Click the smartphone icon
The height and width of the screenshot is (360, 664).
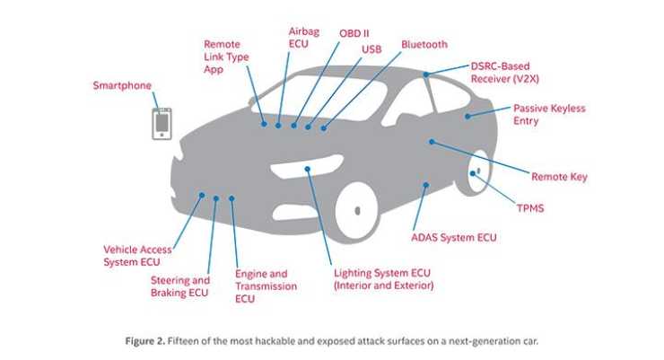coord(162,123)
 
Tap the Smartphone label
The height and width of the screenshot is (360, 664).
coord(122,86)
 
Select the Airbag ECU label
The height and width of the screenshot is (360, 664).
coord(303,37)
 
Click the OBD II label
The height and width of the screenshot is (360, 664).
coord(354,34)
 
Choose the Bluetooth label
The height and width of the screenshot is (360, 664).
coord(424,44)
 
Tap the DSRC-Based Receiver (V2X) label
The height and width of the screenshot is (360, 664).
coord(508,73)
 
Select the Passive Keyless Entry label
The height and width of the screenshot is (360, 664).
coord(548,114)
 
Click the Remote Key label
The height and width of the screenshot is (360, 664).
coord(559,177)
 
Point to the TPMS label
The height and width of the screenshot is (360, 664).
coord(529,208)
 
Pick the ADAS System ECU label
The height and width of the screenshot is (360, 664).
coord(453,238)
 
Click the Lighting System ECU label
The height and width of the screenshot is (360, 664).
coord(383,278)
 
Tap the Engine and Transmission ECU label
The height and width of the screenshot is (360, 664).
coord(265,285)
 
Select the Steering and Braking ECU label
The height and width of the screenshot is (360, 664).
coord(179,286)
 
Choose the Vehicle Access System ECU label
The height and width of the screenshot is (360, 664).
coord(137,256)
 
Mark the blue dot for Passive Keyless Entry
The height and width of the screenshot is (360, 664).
coord(467,117)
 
